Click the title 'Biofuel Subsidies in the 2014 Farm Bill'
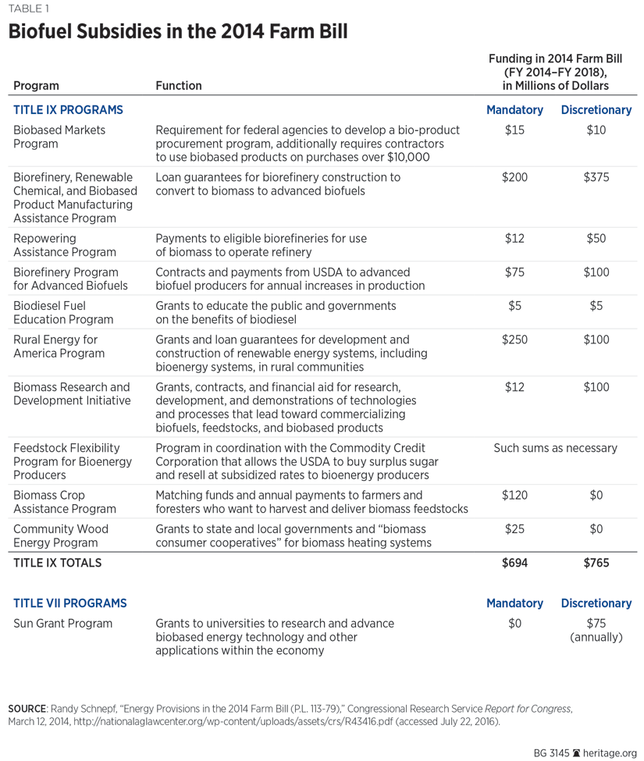point(177,32)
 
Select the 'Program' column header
point(36,86)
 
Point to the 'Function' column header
point(179,86)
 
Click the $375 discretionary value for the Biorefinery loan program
point(596,177)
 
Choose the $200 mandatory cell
point(514,177)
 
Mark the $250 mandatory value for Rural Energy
point(514,340)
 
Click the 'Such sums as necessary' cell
point(555,448)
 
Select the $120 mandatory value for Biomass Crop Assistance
point(514,495)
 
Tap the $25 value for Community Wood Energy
point(514,529)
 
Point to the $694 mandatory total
point(514,562)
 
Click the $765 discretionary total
point(596,562)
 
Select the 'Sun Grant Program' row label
point(63,624)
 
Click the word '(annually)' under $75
point(596,638)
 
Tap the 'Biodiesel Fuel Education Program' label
point(63,312)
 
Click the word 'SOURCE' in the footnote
point(26,708)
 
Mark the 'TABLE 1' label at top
point(28,9)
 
